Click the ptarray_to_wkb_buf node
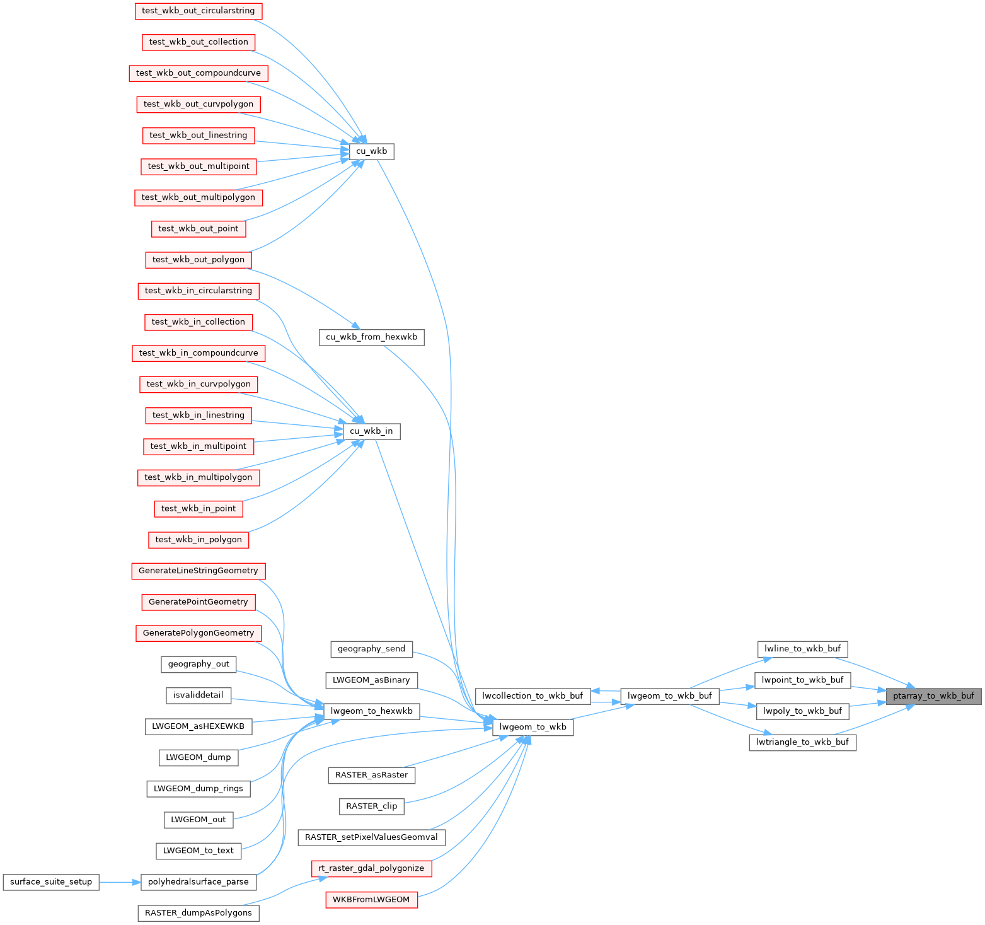[933, 696]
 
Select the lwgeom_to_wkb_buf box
[669, 696]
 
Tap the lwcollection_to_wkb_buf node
[533, 696]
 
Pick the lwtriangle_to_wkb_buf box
[802, 742]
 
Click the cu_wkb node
[371, 151]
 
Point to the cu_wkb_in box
[371, 431]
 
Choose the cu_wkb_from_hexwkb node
[371, 337]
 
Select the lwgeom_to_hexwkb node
[371, 711]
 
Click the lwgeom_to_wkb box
[533, 727]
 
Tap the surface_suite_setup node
[51, 882]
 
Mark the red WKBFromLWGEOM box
[371, 900]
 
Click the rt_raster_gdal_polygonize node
[371, 868]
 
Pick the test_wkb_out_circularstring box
[199, 11]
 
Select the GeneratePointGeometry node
[199, 602]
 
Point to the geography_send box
[371, 649]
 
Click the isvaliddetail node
[199, 695]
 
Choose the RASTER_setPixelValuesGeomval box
[371, 837]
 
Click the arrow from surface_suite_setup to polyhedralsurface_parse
[120, 882]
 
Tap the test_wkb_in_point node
[199, 509]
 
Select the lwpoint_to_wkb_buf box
[802, 680]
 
